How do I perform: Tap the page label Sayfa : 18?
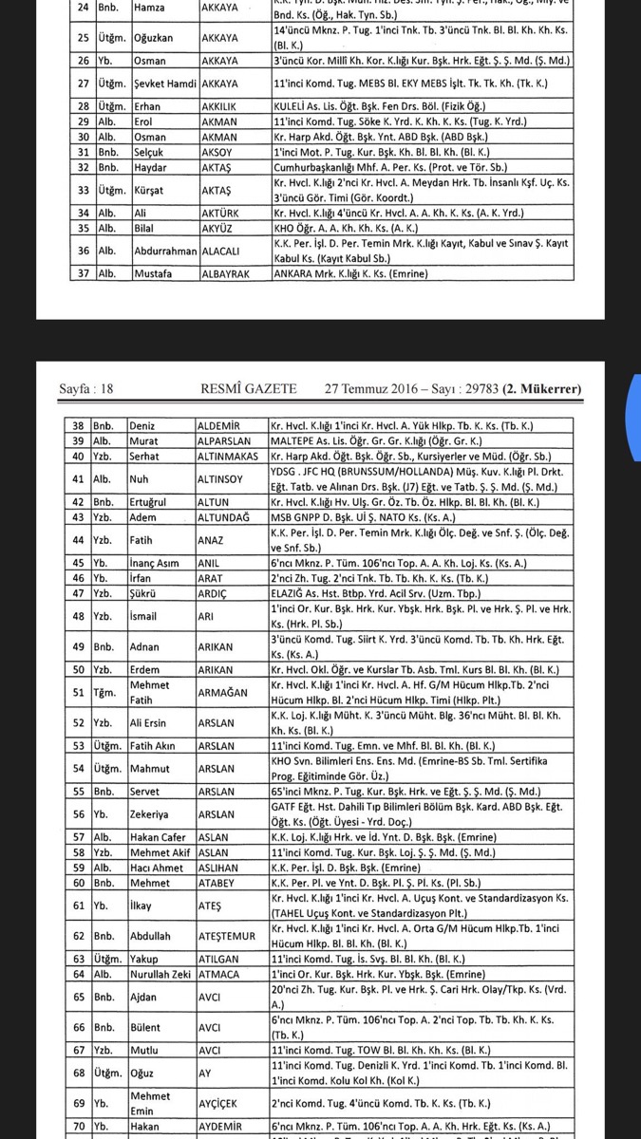point(86,388)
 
